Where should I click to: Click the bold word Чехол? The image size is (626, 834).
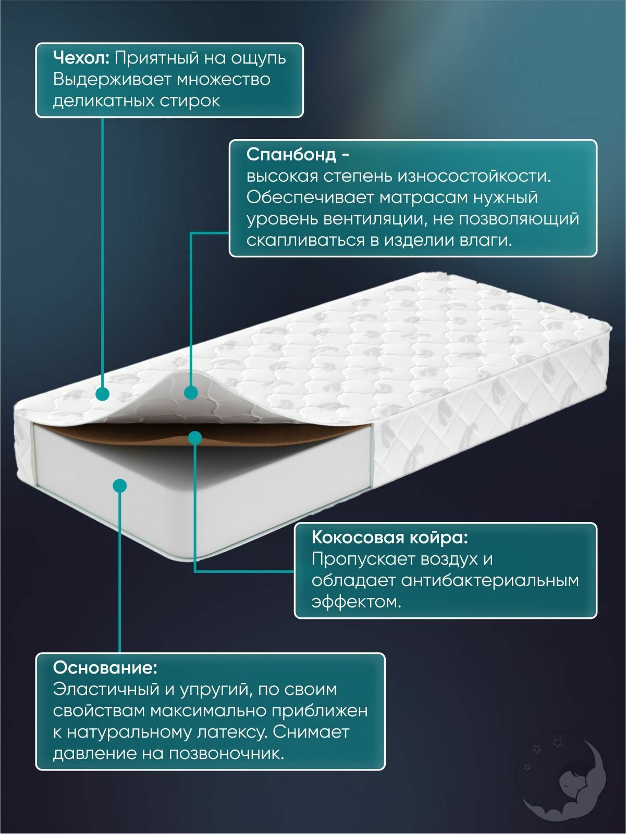point(81,58)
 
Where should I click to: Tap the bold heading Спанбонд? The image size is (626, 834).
point(291,155)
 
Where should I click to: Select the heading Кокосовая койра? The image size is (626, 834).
point(389,537)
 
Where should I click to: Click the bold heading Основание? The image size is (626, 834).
point(105,667)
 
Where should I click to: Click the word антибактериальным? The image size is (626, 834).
point(490,580)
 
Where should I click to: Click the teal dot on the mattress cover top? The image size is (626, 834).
point(103,393)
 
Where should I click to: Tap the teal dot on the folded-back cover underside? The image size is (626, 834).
point(191,392)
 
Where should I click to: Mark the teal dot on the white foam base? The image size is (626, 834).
point(119,486)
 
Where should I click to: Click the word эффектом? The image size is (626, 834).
point(356,602)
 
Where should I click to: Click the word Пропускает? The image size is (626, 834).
point(361,559)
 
